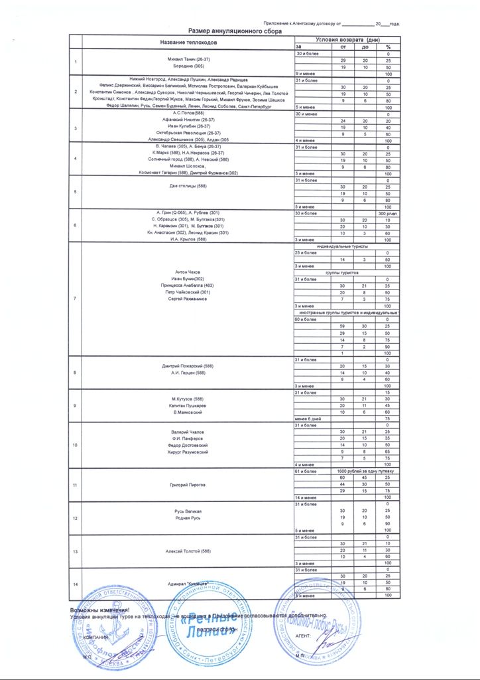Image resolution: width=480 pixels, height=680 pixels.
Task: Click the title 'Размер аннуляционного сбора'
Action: pyautogui.click(x=235, y=31)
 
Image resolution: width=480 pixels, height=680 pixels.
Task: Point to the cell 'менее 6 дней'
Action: pyautogui.click(x=308, y=419)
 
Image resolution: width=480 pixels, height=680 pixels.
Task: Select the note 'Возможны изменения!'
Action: pyautogui.click(x=101, y=609)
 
